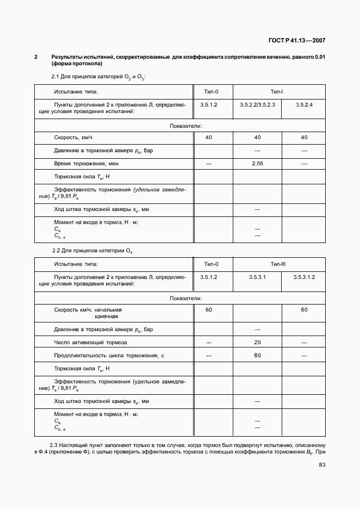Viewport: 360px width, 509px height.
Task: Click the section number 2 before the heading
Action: tap(36, 57)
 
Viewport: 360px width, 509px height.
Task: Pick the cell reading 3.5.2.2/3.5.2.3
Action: tap(257, 103)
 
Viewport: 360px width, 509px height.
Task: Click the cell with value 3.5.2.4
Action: tap(304, 103)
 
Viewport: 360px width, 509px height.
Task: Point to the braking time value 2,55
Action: tap(257, 163)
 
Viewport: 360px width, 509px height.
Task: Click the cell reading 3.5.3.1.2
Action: tap(304, 277)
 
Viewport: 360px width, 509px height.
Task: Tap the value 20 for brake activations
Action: tap(257, 343)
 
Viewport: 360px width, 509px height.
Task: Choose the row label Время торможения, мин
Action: tap(86, 163)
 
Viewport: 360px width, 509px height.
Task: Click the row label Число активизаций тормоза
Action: tap(90, 343)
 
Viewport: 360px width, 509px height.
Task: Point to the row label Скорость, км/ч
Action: tap(77, 138)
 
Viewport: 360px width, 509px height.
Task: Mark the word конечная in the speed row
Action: tap(107, 316)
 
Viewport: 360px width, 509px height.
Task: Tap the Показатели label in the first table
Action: tap(185, 126)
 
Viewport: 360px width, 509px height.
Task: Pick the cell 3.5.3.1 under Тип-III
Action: tap(257, 277)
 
